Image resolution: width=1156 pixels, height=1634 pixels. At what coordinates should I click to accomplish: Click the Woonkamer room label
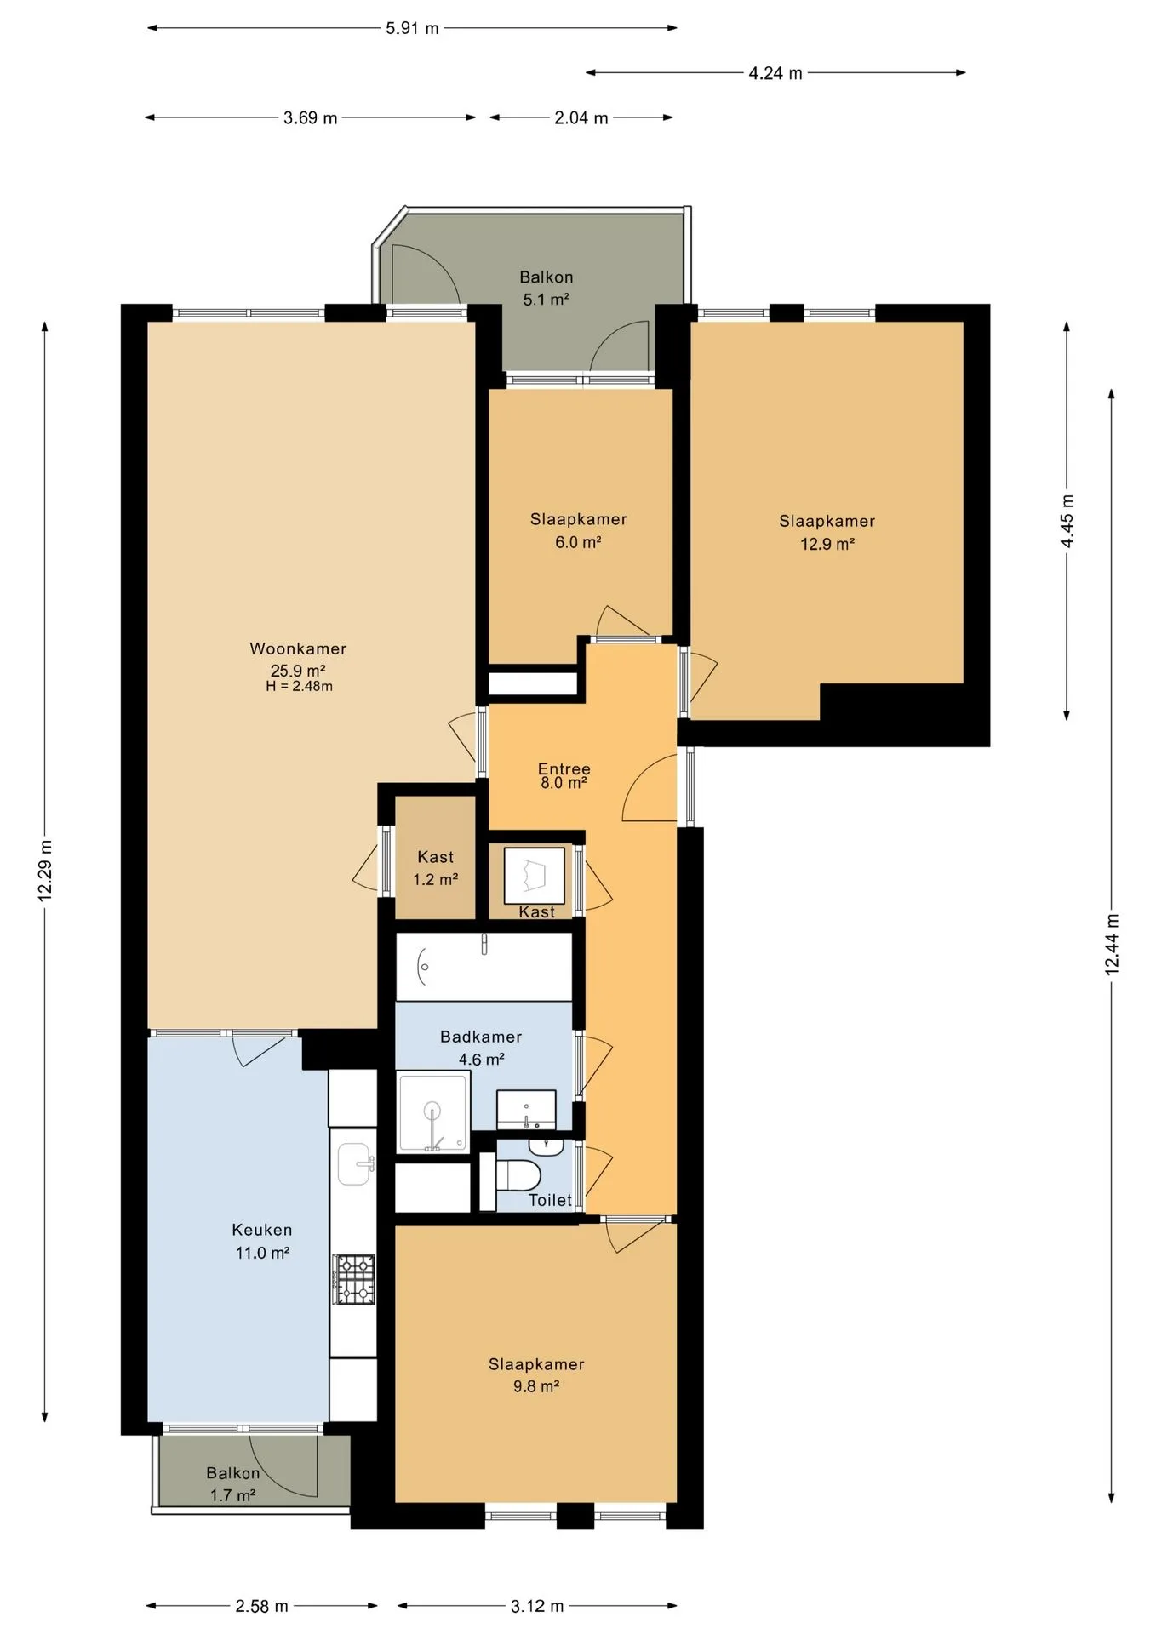pyautogui.click(x=298, y=648)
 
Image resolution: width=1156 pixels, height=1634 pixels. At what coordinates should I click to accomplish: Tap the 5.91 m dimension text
pyautogui.click(x=412, y=28)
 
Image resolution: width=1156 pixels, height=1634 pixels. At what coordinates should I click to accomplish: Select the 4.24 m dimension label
pyautogui.click(x=775, y=73)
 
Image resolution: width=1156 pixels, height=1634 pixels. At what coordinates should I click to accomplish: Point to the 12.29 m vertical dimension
pyautogui.click(x=45, y=871)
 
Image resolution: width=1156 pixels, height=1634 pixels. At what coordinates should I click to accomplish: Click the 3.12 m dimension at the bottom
pyautogui.click(x=537, y=1606)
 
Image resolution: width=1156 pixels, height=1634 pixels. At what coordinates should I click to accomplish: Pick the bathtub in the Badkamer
pyautogui.click(x=484, y=967)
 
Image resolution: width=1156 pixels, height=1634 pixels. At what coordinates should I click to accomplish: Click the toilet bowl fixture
pyautogui.click(x=517, y=1176)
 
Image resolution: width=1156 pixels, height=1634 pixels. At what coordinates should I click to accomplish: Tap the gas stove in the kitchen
pyautogui.click(x=353, y=1279)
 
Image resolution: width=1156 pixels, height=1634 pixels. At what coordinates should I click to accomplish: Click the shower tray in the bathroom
pyautogui.click(x=433, y=1112)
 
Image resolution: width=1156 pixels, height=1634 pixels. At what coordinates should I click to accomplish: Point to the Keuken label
pyautogui.click(x=262, y=1230)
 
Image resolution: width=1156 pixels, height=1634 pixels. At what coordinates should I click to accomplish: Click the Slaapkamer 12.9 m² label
pyautogui.click(x=827, y=532)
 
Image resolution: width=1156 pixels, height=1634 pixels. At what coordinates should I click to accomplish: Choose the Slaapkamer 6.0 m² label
pyautogui.click(x=578, y=530)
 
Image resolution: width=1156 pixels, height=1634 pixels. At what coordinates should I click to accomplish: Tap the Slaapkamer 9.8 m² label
pyautogui.click(x=536, y=1374)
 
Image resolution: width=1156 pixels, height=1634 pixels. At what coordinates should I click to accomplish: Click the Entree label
pyautogui.click(x=564, y=768)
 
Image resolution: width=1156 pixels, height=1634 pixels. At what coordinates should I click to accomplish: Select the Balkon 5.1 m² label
pyautogui.click(x=546, y=288)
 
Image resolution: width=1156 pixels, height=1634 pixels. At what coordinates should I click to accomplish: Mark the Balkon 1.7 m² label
pyautogui.click(x=232, y=1483)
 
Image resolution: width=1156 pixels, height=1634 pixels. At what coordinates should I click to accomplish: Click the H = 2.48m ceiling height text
pyautogui.click(x=299, y=686)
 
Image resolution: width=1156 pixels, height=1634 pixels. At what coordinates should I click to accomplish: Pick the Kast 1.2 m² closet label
pyautogui.click(x=435, y=868)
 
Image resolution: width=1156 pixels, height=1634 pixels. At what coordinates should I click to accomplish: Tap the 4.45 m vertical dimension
pyautogui.click(x=1067, y=522)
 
